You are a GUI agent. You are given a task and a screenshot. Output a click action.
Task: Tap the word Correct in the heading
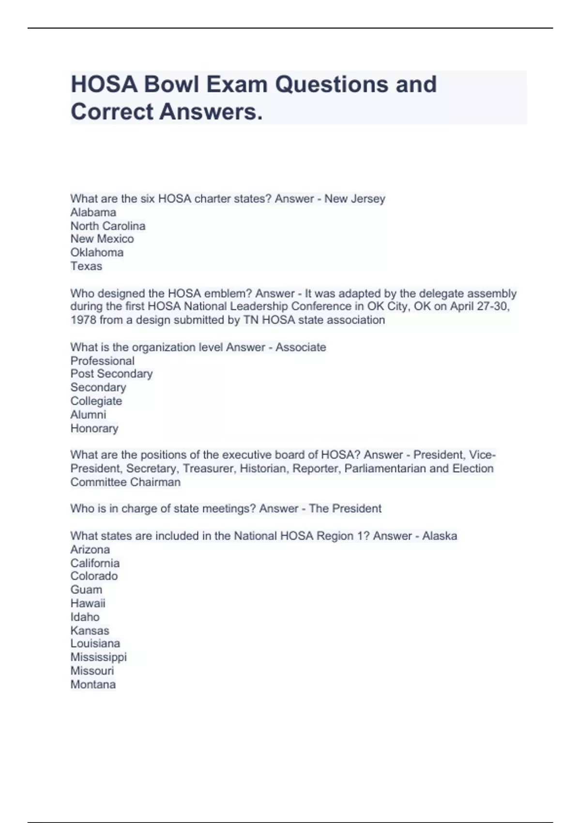[x=112, y=112]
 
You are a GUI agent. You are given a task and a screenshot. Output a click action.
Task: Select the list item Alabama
[x=93, y=212]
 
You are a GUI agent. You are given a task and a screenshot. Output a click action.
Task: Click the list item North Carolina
[x=108, y=226]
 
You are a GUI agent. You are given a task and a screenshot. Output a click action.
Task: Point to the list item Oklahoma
[x=97, y=252]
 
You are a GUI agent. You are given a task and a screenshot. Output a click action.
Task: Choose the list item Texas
[x=86, y=266]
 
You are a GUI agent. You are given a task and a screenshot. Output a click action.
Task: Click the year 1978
[x=83, y=320]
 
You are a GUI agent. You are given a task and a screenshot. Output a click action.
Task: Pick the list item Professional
[x=103, y=361]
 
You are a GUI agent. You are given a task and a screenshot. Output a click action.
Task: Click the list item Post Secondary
[x=111, y=373]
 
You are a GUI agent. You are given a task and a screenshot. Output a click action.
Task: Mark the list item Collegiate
[x=96, y=401]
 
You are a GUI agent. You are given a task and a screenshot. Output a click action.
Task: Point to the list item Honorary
[x=94, y=428]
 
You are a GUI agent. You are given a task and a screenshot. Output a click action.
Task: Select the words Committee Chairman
[x=125, y=482]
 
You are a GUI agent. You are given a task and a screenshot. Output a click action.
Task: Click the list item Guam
[x=86, y=589]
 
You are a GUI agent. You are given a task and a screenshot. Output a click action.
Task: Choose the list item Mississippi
[x=98, y=657]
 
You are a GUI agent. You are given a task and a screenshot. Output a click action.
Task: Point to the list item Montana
[x=93, y=684]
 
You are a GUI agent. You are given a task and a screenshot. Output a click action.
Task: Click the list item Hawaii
[x=88, y=603]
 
